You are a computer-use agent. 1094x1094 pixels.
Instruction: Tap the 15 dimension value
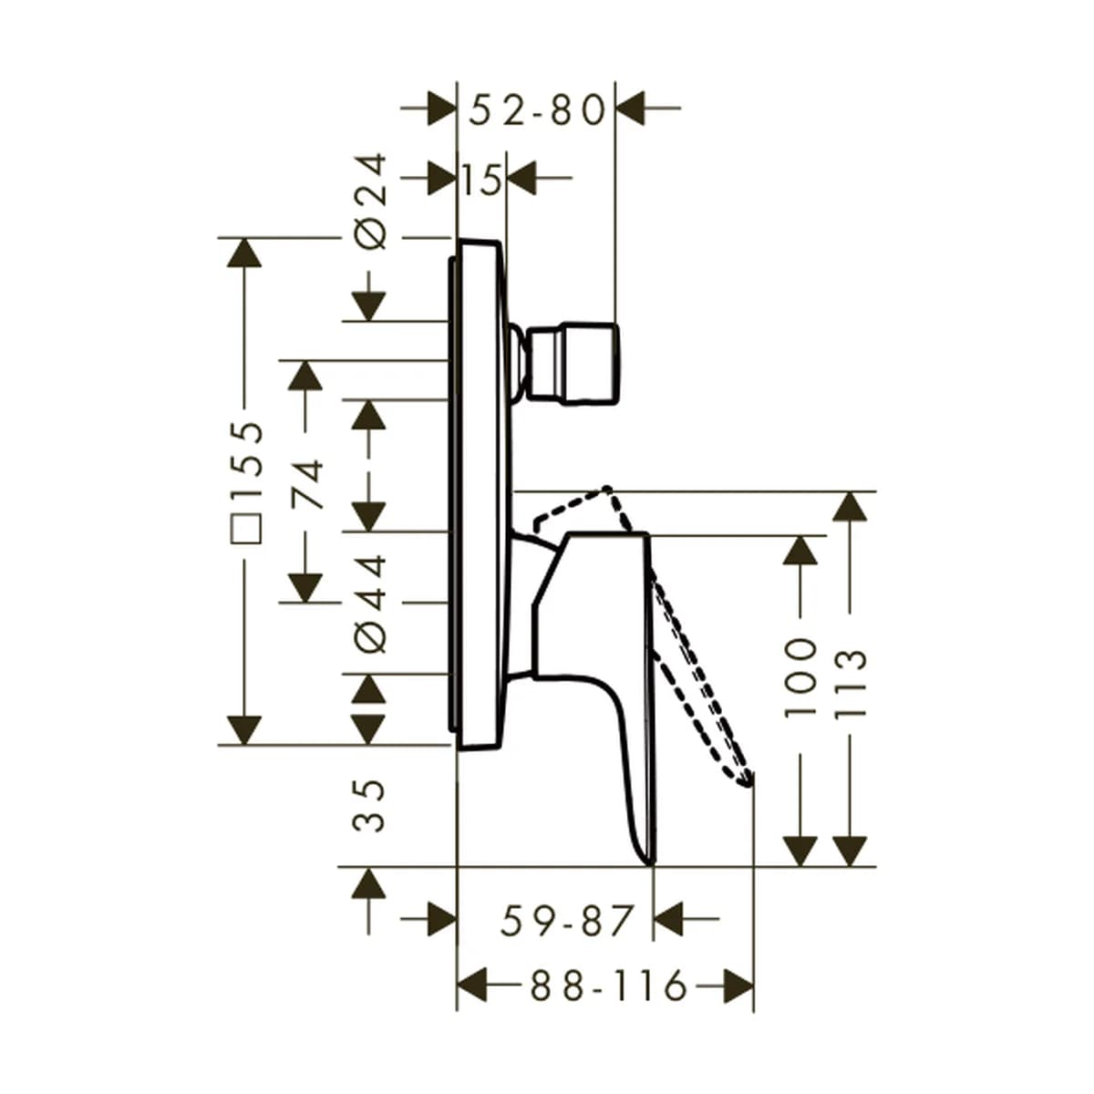pos(482,180)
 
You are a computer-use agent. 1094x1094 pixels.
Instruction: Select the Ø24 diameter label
pos(369,201)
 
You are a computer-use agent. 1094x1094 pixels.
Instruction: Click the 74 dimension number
pos(307,484)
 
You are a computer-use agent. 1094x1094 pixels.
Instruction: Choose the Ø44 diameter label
pos(369,604)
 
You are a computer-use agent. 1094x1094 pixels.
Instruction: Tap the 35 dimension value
pos(369,806)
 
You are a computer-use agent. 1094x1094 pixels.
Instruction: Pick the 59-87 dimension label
pos(566,920)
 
